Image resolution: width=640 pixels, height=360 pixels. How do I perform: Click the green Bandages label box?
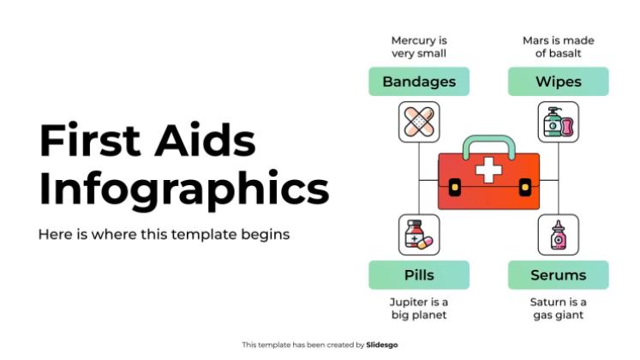coord(419,82)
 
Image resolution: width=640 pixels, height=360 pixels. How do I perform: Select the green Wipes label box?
coord(559,82)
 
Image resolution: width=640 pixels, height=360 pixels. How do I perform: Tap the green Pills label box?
coord(419,275)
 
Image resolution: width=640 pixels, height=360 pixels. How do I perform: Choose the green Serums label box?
coord(559,275)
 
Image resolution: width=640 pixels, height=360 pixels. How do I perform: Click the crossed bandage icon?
coord(419,122)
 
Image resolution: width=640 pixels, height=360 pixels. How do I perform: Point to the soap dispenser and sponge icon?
coord(559,122)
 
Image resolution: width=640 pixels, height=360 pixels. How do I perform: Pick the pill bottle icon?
coord(419,235)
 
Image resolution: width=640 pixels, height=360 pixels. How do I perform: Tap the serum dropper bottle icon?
coord(559,235)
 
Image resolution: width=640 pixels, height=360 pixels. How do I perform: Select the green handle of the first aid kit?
coord(489,144)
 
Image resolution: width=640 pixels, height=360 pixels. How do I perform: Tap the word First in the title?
coord(89,141)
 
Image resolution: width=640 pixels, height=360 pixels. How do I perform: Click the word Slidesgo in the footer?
coord(382,345)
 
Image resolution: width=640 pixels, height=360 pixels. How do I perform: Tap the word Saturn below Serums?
coord(548,302)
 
